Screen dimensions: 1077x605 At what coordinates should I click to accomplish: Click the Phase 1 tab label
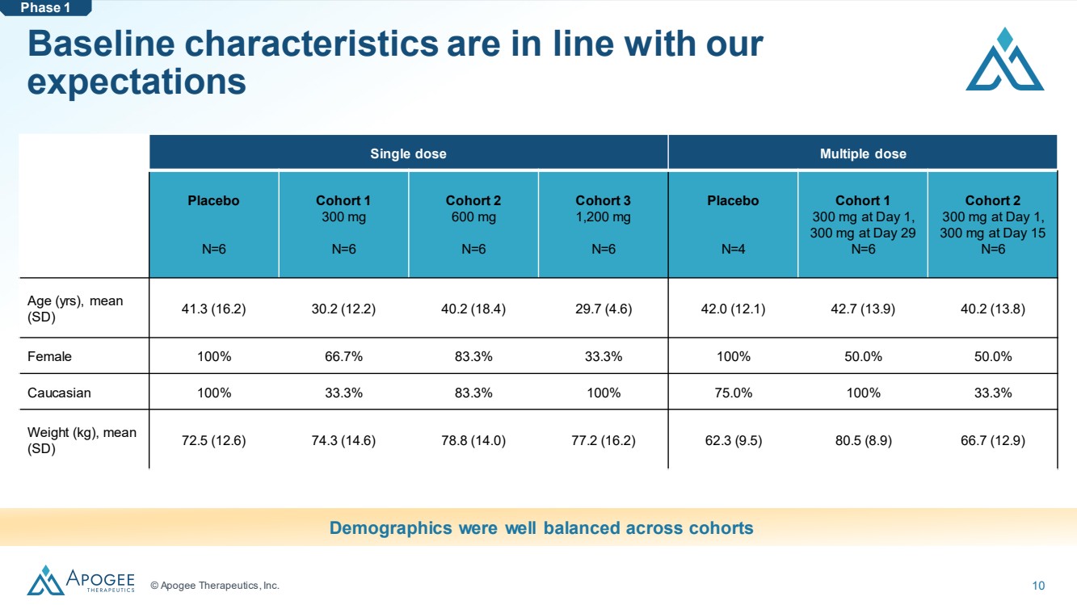tap(45, 8)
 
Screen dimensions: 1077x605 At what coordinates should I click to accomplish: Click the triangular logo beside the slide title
tap(1005, 59)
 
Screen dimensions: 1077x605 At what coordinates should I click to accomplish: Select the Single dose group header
tap(408, 153)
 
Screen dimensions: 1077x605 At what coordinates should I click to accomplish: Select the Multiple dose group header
tap(863, 153)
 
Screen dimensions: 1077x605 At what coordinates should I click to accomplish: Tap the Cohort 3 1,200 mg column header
tap(603, 208)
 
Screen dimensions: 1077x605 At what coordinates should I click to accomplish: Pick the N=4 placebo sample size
tap(733, 249)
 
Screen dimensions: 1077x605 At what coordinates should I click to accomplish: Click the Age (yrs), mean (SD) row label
tap(75, 309)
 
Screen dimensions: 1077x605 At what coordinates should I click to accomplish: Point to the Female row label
tap(49, 356)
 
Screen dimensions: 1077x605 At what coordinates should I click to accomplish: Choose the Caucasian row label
tap(59, 393)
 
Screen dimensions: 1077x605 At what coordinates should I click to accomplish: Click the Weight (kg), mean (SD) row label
tap(82, 440)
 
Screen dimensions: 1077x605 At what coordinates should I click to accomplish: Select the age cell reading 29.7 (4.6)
tap(604, 309)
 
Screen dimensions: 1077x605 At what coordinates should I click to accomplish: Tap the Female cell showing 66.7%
tap(343, 356)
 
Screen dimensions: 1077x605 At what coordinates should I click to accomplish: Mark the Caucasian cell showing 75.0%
tap(734, 393)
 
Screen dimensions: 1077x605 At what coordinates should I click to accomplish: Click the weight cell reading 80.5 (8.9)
tap(863, 441)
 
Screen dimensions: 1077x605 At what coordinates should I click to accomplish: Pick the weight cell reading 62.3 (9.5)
tap(734, 441)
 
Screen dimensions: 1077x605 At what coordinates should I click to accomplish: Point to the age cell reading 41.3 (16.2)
tap(213, 309)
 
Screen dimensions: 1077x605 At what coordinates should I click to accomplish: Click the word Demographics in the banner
tap(390, 528)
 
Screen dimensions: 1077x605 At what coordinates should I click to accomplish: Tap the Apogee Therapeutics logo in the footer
tap(81, 580)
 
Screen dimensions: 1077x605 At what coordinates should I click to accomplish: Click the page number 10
tap(1038, 586)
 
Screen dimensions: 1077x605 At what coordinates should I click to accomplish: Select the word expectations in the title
tap(137, 82)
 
